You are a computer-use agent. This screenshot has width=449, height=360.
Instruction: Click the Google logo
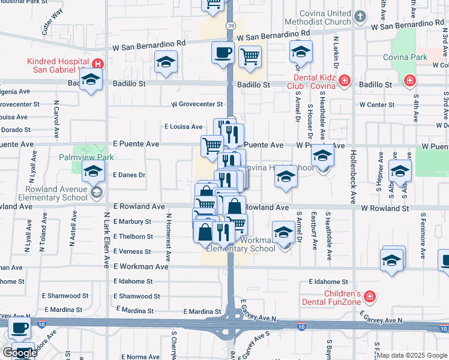pos(20,352)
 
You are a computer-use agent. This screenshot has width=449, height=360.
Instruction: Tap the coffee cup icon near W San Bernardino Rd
pos(223,52)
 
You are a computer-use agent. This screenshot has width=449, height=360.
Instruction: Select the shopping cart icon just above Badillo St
pos(250,57)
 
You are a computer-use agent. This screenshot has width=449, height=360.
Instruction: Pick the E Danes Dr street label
pos(129,175)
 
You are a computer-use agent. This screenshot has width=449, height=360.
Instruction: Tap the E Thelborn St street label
pos(132,236)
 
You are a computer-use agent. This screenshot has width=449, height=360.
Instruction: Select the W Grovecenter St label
pos(197,104)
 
